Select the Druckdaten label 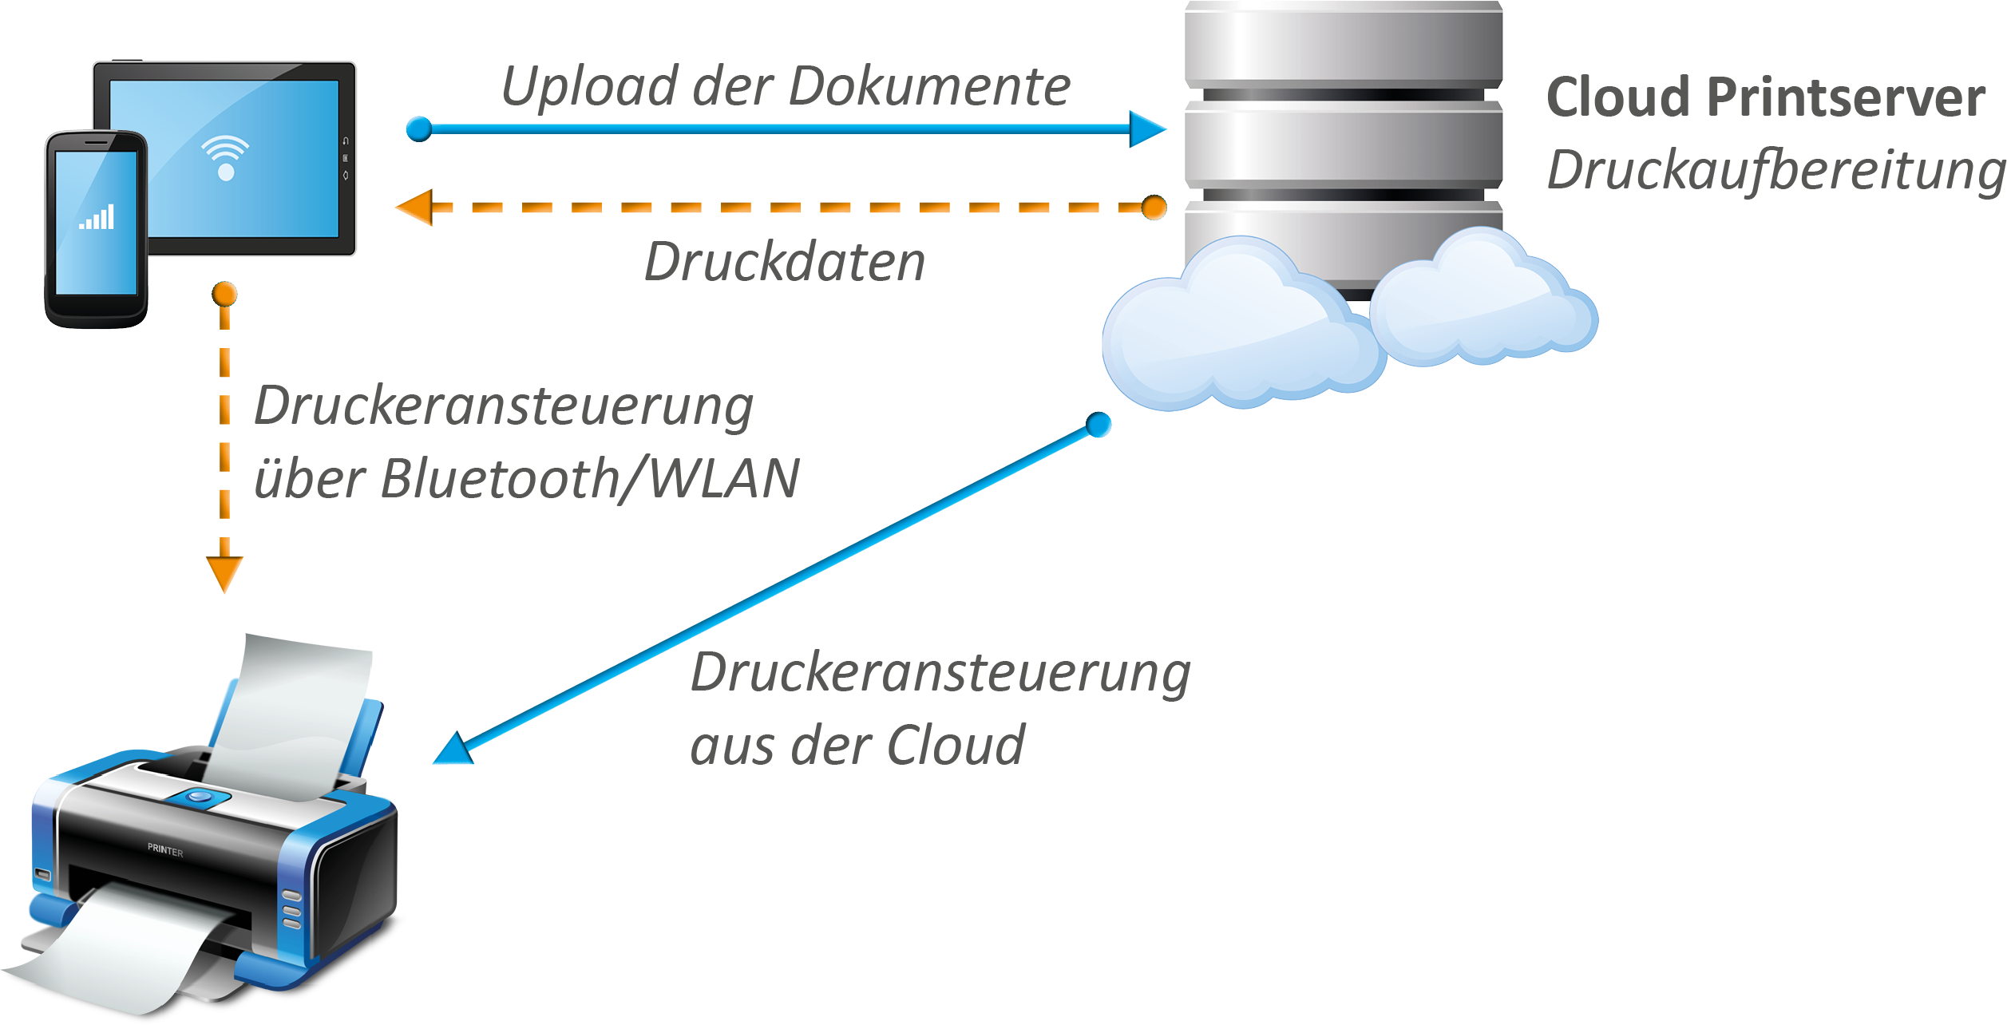pos(785,262)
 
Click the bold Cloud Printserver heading pos(1765,97)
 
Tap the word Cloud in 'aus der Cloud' pos(956,746)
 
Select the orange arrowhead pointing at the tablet pos(415,208)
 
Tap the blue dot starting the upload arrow pos(419,129)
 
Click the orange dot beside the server pos(1154,208)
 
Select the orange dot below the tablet pos(224,294)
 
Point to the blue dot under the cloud pos(1099,425)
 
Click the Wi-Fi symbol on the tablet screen pos(225,156)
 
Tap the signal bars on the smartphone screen pos(97,217)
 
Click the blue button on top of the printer pos(199,797)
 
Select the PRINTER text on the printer pos(165,850)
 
